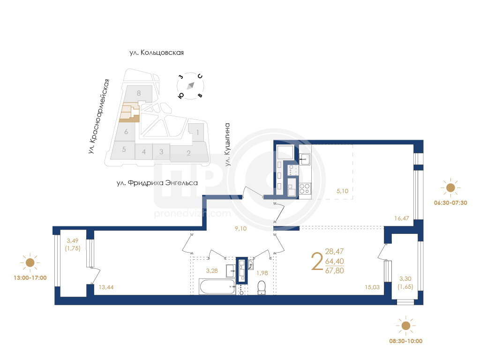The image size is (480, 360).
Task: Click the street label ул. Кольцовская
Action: coord(157,52)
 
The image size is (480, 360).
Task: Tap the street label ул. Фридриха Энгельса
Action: coord(157,183)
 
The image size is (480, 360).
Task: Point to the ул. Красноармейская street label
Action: coord(99,116)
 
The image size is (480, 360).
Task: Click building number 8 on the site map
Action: coord(139,93)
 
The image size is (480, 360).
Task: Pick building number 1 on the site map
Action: coord(198,132)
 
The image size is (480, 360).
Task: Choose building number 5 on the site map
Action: coord(124,150)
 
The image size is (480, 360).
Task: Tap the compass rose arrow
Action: coord(190,86)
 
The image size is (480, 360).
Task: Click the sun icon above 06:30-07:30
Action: coord(450,187)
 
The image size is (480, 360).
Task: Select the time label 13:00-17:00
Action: coord(30,278)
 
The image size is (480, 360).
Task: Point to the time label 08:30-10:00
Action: coord(405,341)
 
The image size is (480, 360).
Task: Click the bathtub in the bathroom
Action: coord(217,286)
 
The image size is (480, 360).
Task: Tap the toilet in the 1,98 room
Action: coord(262,288)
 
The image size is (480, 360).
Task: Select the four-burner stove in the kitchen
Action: coord(305,188)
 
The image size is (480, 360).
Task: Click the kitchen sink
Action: coord(305,159)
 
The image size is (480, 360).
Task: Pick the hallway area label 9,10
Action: coord(240,229)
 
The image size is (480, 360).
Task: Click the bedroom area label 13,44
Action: coord(106,287)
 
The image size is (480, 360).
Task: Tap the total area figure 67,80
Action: coord(335,271)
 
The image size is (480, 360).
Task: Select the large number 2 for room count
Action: coord(317,262)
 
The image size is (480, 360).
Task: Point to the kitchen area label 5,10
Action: coord(343,191)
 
